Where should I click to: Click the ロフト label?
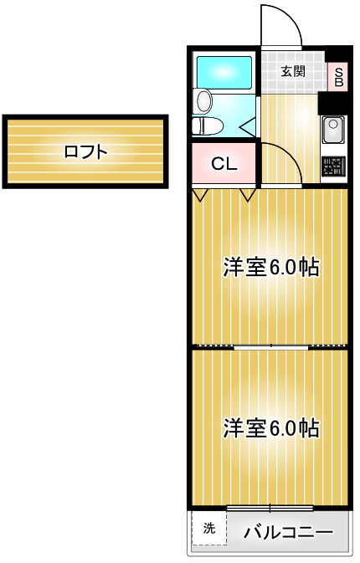point(86,152)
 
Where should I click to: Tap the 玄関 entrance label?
point(293,71)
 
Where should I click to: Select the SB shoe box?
point(338,77)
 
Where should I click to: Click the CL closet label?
point(224,164)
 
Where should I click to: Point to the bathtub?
point(224,72)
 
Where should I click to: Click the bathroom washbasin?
point(203,101)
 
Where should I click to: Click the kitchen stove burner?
point(333,166)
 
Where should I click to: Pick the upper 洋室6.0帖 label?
point(271,267)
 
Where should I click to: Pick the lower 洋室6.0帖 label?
point(271,427)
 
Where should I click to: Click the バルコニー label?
point(289,532)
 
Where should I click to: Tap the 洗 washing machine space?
point(208,528)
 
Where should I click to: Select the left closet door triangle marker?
point(200,195)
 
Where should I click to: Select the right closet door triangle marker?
point(248,195)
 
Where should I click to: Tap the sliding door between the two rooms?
point(271,347)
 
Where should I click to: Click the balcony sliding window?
point(270,508)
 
